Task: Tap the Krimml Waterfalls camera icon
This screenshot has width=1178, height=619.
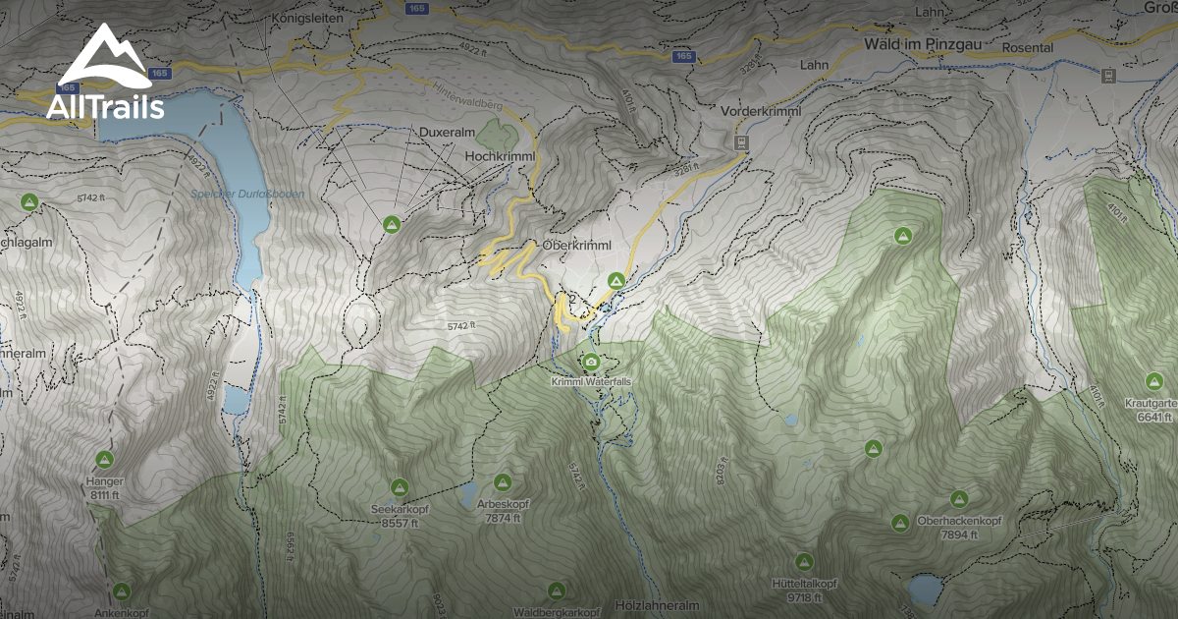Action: (591, 362)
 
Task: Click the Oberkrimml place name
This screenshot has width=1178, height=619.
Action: (576, 245)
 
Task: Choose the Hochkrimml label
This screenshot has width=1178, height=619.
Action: (498, 156)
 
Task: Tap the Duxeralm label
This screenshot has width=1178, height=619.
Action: (448, 132)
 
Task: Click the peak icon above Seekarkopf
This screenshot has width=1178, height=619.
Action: (400, 487)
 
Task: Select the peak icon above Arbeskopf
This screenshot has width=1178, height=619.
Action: (503, 482)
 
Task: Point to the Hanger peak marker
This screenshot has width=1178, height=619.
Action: (104, 459)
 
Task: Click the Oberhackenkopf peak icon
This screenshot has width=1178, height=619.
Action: (959, 499)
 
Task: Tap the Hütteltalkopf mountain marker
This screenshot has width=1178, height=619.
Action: (804, 562)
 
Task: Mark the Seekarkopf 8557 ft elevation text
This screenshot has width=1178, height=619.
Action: (400, 524)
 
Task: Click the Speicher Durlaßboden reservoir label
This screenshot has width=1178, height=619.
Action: (247, 195)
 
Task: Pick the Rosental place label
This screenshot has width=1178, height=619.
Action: (1027, 47)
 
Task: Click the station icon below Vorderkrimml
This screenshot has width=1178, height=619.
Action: (739, 142)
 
